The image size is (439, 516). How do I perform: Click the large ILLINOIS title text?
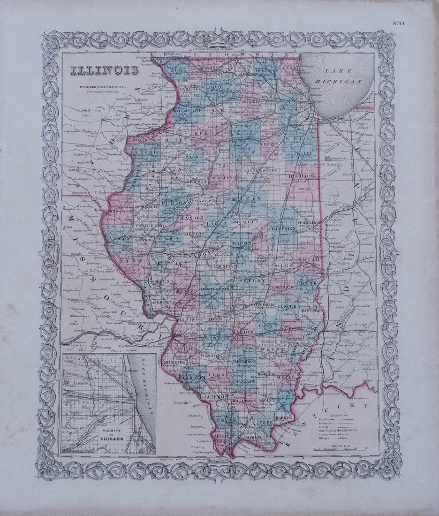(x=105, y=71)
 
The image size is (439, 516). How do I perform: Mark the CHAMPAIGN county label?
(x=283, y=228)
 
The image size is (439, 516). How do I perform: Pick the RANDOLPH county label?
(x=190, y=379)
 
